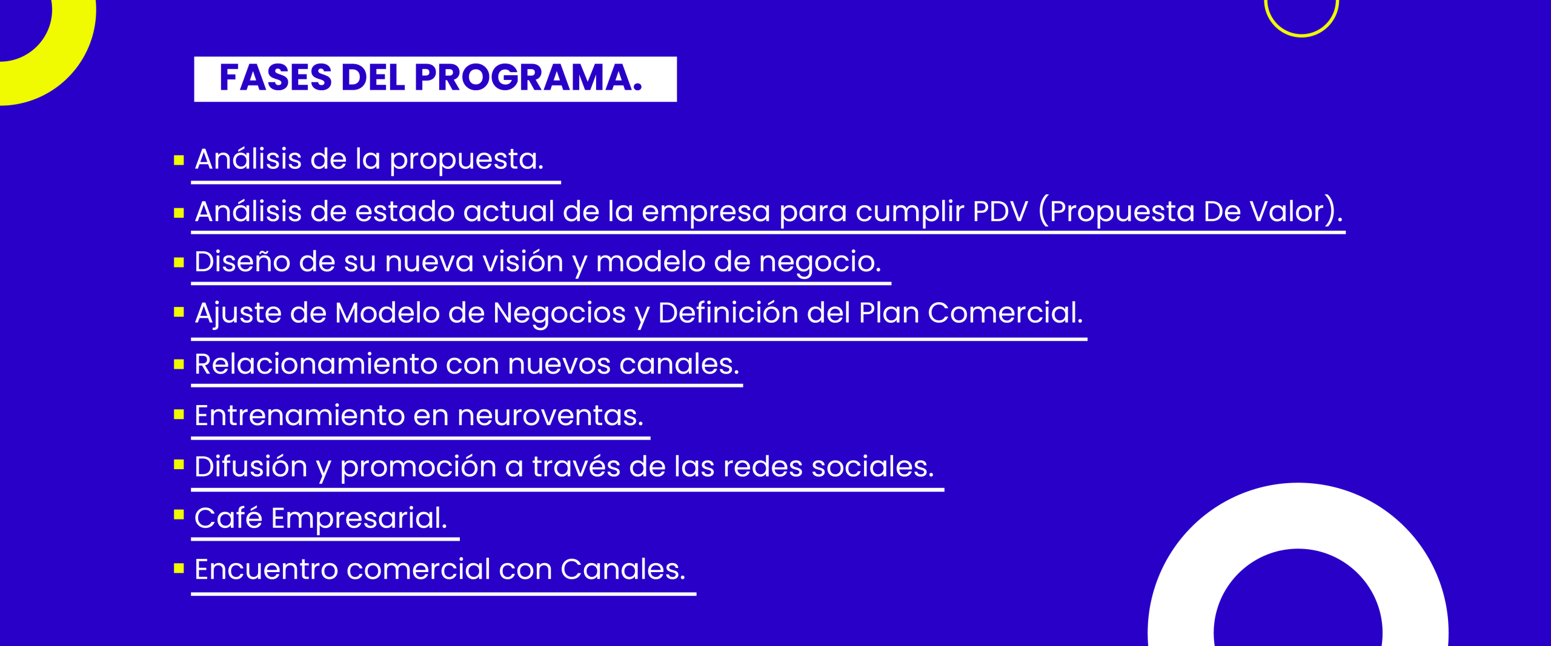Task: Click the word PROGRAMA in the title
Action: point(528,78)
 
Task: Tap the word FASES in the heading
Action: point(276,78)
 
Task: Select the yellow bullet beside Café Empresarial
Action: point(179,515)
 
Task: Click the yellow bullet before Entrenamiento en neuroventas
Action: point(179,415)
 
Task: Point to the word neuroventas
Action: point(550,416)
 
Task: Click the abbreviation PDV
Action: point(1000,212)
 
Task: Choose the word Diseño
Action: point(242,262)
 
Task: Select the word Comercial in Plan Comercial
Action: point(1005,313)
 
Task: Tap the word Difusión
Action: point(251,467)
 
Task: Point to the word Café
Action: point(228,518)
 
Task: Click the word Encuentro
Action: point(266,570)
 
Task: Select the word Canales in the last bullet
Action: point(623,570)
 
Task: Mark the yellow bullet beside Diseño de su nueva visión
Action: point(179,263)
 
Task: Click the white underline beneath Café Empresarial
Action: point(325,539)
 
